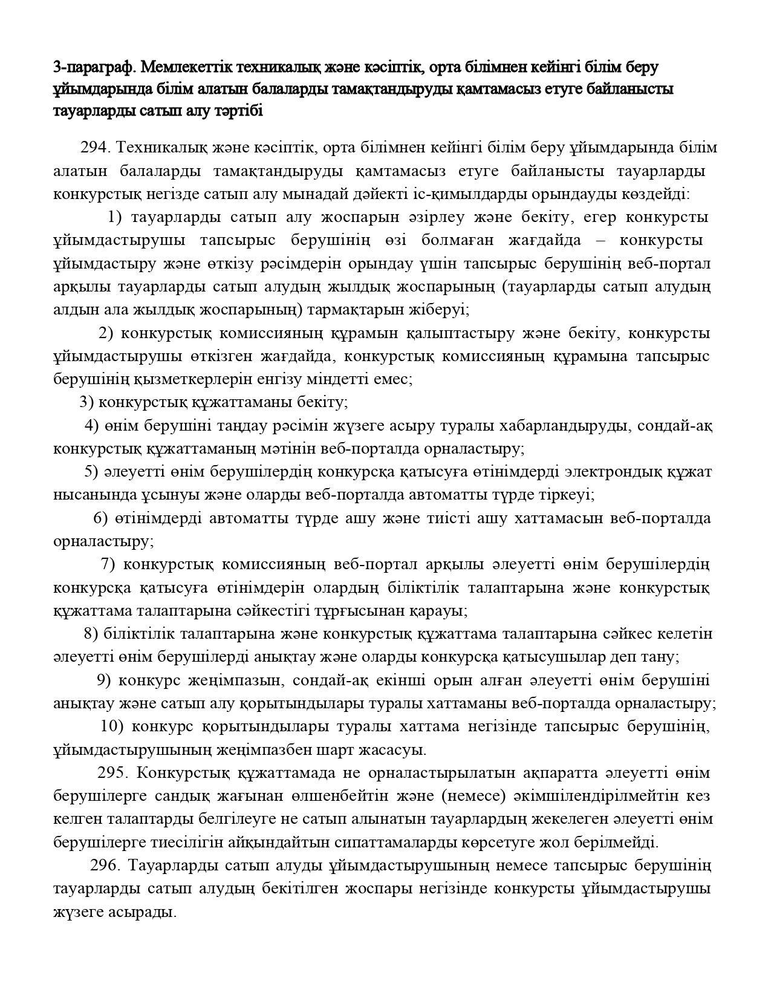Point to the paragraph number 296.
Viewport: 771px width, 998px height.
pos(106,866)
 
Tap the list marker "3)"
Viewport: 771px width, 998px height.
pos(86,402)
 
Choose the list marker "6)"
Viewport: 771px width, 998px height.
pos(100,518)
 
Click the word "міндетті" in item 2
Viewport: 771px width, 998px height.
pos(350,379)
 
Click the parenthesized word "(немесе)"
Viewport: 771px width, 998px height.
pos(475,795)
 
